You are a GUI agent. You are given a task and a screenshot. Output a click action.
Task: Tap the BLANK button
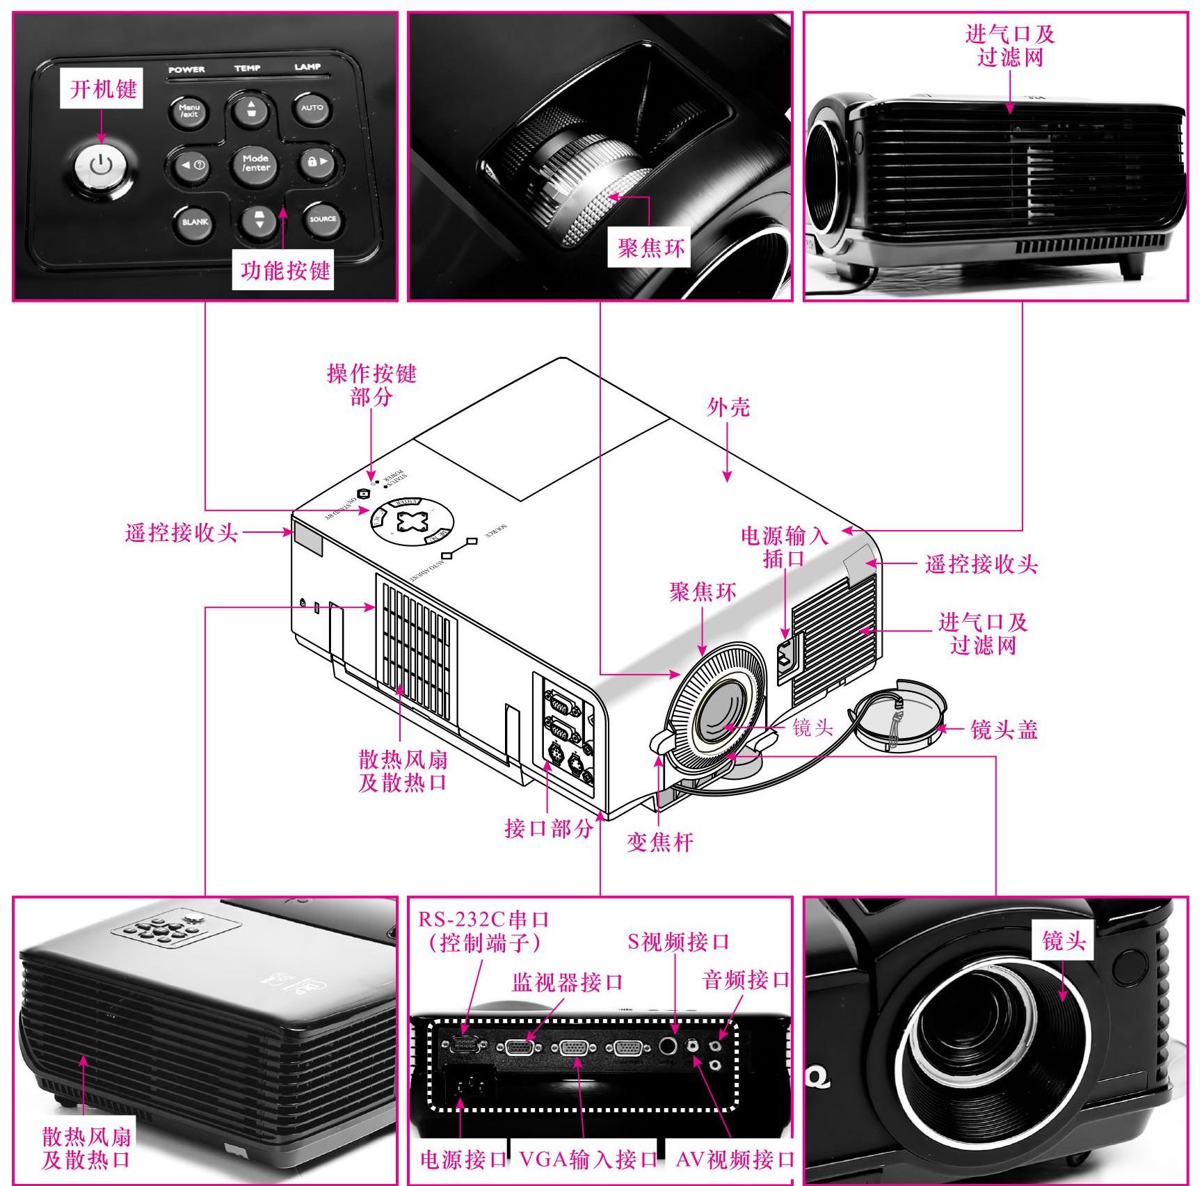[195, 222]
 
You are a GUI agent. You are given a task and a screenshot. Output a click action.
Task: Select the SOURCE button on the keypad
[323, 219]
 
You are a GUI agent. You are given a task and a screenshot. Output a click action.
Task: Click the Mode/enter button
[256, 163]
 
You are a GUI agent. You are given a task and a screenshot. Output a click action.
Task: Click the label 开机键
[103, 89]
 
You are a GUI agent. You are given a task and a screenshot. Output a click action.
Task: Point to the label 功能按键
[285, 270]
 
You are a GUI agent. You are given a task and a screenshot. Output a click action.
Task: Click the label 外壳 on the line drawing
[728, 408]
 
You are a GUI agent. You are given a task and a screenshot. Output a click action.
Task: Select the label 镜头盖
[1003, 730]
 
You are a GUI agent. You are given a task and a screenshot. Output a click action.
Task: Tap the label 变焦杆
[659, 842]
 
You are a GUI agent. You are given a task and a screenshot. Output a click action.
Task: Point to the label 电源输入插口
[784, 547]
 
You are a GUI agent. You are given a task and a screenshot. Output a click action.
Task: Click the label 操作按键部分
[371, 385]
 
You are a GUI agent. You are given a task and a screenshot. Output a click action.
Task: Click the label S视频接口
[678, 942]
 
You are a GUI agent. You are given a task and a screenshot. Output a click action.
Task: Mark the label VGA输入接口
[588, 1160]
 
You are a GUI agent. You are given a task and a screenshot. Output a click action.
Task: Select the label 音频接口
[746, 981]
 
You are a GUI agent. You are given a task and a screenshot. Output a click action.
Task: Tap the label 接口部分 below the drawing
[548, 828]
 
